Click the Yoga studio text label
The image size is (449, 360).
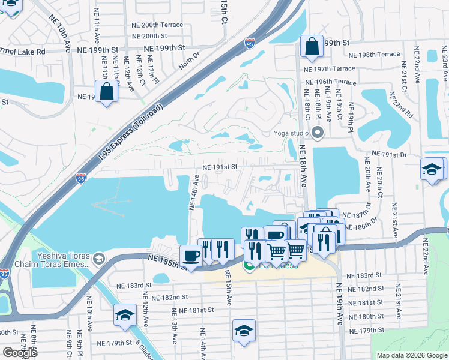(291, 133)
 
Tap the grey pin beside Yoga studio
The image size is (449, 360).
(318, 133)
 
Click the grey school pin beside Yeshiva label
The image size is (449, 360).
(99, 260)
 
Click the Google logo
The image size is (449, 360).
(20, 352)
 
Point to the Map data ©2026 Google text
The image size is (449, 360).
(411, 355)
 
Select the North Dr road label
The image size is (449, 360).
(188, 61)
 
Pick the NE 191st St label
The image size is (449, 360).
(220, 167)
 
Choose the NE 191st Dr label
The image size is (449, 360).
(390, 155)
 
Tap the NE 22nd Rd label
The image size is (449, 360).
(401, 104)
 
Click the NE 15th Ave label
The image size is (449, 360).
(228, 288)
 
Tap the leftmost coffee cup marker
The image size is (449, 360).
(191, 255)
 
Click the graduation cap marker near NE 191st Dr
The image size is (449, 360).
(432, 169)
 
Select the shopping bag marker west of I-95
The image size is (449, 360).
(106, 92)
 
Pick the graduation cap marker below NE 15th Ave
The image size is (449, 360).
(244, 331)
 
